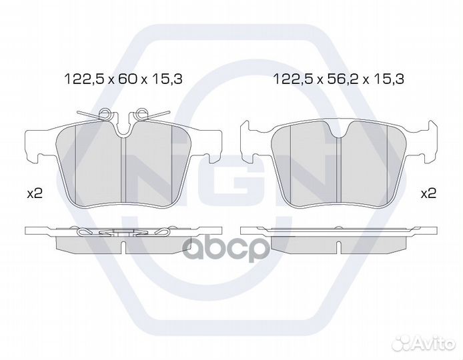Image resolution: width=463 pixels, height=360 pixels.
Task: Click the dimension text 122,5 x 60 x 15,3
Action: tap(123, 79)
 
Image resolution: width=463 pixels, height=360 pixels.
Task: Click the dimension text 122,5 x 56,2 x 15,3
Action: tap(339, 79)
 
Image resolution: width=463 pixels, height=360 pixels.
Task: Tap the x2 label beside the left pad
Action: tap(35, 194)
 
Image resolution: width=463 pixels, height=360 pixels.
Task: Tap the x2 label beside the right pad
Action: tap(428, 193)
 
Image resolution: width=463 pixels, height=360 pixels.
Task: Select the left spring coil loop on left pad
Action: tap(104, 113)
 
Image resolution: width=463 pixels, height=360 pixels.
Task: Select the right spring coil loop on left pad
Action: tap(141, 113)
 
